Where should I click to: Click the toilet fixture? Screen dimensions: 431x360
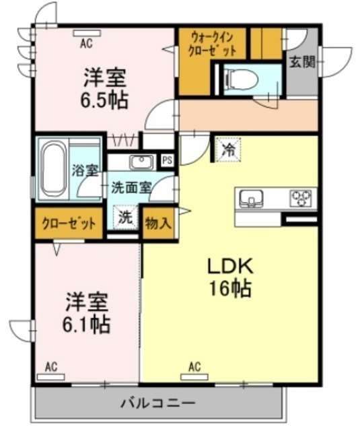coord(239,79)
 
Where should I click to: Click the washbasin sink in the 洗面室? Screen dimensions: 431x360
coord(141,162)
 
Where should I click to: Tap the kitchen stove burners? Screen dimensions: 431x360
coord(301,197)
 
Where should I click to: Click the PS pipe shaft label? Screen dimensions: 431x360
coord(168,160)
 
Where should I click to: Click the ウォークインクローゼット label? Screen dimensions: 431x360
coord(213,44)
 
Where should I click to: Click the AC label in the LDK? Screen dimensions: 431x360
coord(194,367)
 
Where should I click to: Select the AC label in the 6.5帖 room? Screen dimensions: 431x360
coord(86,44)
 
